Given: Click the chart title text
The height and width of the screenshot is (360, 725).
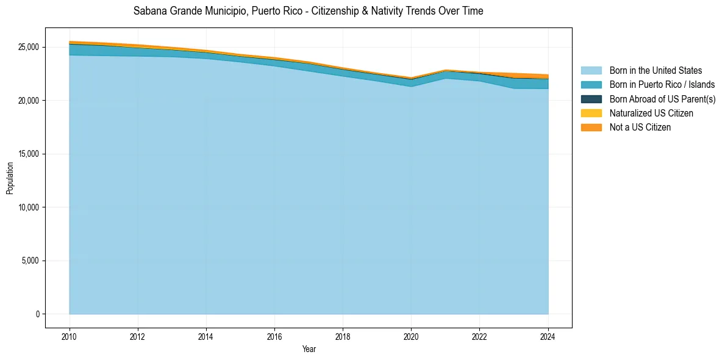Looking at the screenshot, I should click(308, 11).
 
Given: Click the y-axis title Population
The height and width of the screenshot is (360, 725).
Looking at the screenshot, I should click(10, 178).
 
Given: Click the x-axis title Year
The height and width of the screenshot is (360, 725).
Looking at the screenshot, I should click(309, 349).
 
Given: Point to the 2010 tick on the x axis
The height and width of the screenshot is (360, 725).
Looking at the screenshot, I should click(70, 336).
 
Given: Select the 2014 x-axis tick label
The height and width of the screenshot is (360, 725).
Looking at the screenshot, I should click(206, 336).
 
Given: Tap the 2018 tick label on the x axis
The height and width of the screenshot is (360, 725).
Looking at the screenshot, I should click(343, 336).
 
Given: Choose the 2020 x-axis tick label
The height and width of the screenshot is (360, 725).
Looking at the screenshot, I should click(411, 336).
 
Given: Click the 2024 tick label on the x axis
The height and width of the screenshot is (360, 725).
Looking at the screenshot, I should click(548, 336).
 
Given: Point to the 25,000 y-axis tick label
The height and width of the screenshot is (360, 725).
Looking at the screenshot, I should click(27, 47).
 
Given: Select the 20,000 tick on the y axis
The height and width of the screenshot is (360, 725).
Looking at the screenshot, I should click(27, 100).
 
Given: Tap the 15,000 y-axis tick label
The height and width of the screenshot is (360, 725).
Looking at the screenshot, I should click(27, 154).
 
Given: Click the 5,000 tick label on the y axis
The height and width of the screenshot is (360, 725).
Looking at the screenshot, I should click(29, 261).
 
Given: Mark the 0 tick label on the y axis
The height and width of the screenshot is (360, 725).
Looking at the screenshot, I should click(37, 314).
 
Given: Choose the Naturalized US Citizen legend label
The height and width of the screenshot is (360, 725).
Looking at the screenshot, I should click(651, 113).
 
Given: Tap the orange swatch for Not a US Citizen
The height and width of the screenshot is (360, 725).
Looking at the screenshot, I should click(591, 127).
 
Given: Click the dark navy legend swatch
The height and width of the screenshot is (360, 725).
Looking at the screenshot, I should click(591, 99).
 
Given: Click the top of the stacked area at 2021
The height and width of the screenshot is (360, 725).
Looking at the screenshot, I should click(446, 70).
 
